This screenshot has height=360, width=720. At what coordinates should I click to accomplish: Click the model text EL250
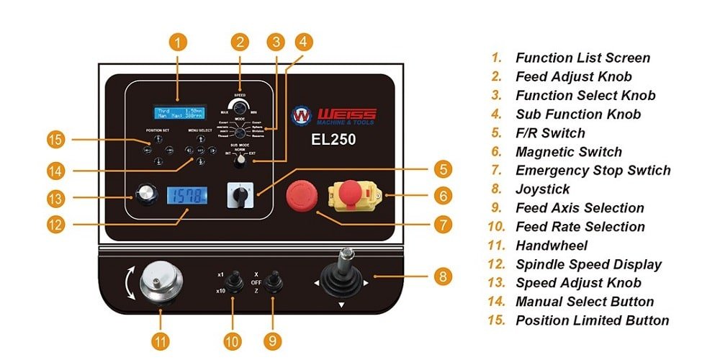tap(333, 138)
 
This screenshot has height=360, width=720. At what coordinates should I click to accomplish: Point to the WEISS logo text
tap(346, 115)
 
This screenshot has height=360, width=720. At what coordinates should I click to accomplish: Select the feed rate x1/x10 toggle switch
tap(232, 281)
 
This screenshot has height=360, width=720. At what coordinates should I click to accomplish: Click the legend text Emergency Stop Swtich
tap(593, 171)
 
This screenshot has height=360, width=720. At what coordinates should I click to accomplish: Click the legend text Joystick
tap(542, 189)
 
